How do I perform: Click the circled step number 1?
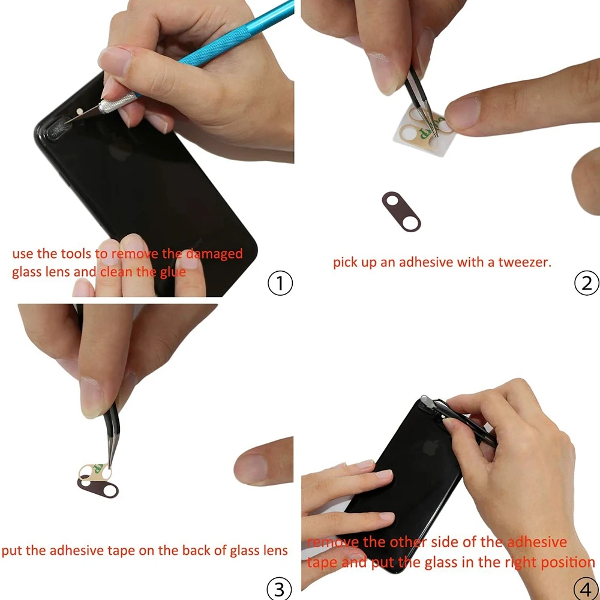280,283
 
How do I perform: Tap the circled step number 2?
587,283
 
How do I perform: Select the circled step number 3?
280,589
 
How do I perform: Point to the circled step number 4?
586,589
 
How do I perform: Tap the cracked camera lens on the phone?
58,127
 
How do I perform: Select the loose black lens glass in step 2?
401,212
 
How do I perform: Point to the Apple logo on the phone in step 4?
431,448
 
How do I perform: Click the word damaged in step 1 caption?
215,254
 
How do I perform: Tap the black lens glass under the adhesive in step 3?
98,487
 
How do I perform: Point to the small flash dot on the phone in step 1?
80,112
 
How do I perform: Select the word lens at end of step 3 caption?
276,550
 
